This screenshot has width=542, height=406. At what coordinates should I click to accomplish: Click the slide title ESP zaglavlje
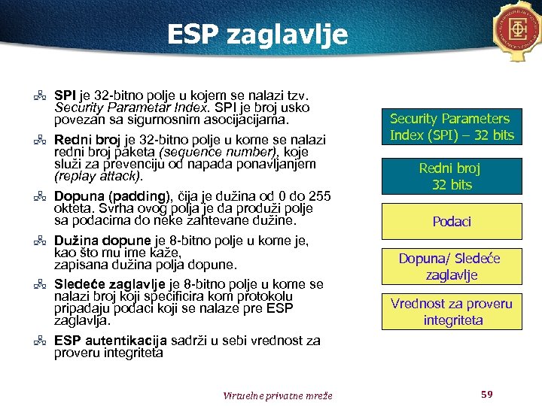(257, 35)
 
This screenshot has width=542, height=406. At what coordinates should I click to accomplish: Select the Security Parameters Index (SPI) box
(451, 127)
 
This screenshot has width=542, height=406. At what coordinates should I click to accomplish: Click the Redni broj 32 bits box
(451, 177)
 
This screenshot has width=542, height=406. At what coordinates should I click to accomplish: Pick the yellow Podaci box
(451, 222)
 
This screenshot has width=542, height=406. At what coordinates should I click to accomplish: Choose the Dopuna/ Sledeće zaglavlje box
(451, 267)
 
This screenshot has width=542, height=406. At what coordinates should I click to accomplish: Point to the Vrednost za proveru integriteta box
(451, 312)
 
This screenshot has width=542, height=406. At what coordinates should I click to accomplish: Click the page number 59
(486, 394)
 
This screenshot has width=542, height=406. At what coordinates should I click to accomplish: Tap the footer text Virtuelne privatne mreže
(278, 395)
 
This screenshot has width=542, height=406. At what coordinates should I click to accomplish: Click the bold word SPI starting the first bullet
(65, 96)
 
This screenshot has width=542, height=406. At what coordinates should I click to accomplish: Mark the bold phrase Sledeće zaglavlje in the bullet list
(109, 284)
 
